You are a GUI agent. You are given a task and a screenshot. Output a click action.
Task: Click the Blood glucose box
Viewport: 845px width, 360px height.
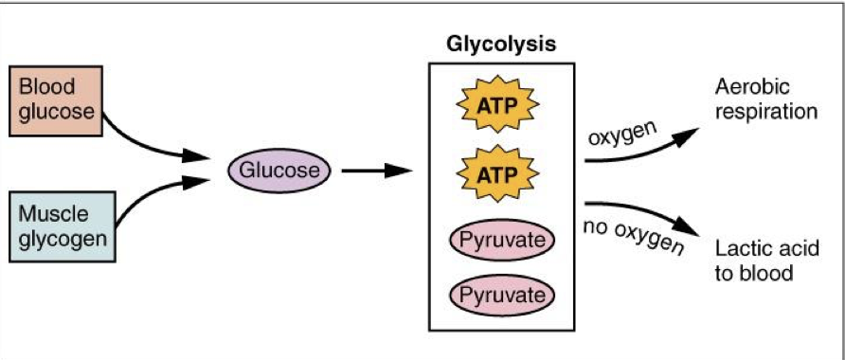[58, 99]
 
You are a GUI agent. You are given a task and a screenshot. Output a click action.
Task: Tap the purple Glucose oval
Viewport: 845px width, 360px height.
[279, 171]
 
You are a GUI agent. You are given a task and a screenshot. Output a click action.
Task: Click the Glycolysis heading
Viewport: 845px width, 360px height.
[501, 45]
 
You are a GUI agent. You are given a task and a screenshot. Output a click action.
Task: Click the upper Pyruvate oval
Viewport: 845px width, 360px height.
[502, 240]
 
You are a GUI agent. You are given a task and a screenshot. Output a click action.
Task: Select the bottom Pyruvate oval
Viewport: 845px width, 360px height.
[502, 296]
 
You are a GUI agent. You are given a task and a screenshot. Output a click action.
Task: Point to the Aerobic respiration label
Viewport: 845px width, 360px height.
[765, 99]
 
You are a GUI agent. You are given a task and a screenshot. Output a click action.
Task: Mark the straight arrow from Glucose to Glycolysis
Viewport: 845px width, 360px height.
[376, 171]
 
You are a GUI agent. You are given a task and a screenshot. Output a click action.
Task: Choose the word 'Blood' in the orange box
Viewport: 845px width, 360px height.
[45, 87]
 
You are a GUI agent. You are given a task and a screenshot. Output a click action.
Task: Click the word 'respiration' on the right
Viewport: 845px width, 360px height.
[765, 111]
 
